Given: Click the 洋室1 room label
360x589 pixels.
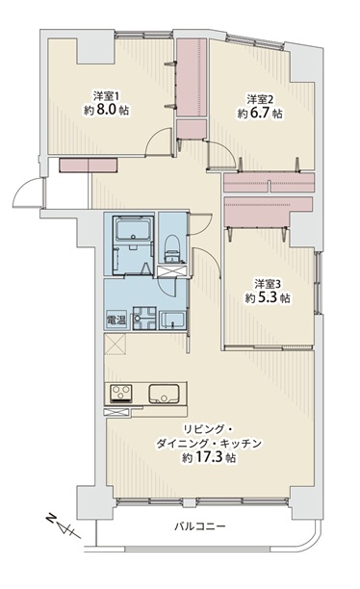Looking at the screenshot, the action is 106,96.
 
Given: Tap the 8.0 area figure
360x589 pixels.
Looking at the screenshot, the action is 107,111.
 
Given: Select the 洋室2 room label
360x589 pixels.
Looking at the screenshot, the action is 260,99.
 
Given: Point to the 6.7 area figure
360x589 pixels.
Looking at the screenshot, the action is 260,113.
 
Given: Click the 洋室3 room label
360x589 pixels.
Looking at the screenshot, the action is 268,284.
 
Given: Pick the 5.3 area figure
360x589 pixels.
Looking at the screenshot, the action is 268,298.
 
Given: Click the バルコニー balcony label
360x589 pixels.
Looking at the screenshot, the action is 199,526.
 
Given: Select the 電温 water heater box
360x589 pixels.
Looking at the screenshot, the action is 116,320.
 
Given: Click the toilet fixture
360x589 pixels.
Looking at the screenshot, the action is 173,248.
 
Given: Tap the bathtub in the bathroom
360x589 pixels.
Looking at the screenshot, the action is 134,229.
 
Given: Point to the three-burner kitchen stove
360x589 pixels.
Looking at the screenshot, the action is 120,394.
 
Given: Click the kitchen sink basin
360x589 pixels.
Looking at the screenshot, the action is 164,394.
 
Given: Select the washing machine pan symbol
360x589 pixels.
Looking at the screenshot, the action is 144,319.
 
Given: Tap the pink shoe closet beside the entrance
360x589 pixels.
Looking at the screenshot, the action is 89,165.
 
